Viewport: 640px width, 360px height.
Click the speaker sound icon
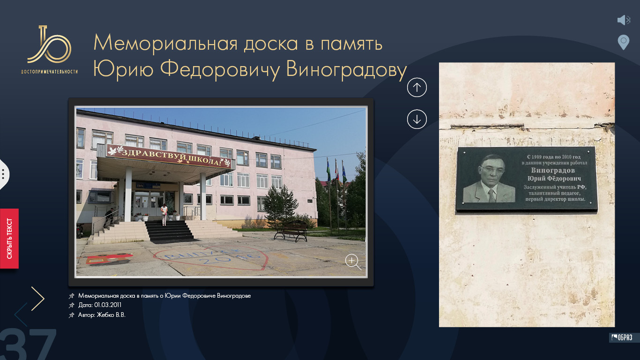pyautogui.click(x=624, y=20)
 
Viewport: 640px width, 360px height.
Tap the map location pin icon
pyautogui.click(x=624, y=42)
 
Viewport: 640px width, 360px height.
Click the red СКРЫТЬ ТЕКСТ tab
pyautogui.click(x=9, y=239)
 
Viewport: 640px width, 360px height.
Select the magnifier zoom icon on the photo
pyautogui.click(x=353, y=262)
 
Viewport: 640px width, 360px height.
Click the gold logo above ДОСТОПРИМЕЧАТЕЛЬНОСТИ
pyautogui.click(x=49, y=45)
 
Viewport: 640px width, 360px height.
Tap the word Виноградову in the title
pyautogui.click(x=346, y=69)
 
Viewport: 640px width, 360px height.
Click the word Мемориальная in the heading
pyautogui.click(x=165, y=44)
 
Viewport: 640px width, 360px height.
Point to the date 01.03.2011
pyautogui.click(x=108, y=305)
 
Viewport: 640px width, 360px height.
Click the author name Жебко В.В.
pyautogui.click(x=111, y=315)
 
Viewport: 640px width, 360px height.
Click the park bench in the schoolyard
pyautogui.click(x=291, y=231)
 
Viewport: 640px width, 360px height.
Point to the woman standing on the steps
pyautogui.click(x=164, y=215)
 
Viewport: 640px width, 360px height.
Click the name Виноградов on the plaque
pyautogui.click(x=553, y=171)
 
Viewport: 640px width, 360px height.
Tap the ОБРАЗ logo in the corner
pyautogui.click(x=622, y=337)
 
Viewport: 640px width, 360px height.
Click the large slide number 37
pyautogui.click(x=28, y=344)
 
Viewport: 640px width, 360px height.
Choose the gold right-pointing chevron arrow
pyautogui.click(x=38, y=299)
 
